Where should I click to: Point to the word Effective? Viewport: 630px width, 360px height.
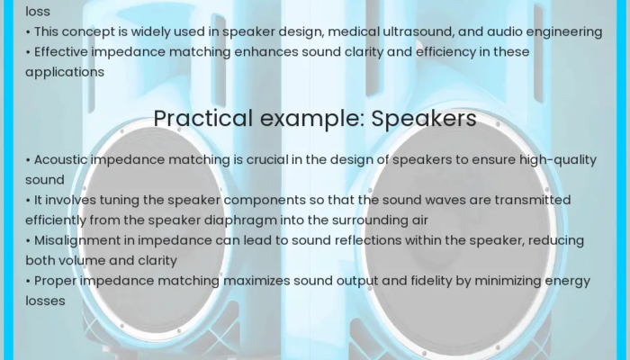click(x=62, y=52)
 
